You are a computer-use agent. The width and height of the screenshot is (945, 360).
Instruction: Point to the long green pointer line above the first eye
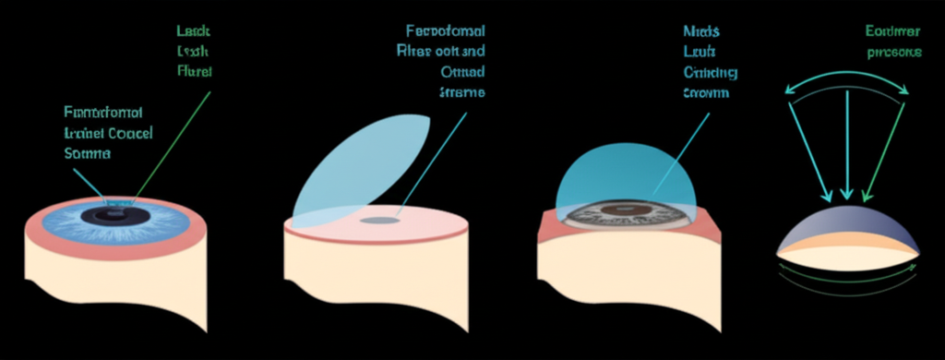point(175,138)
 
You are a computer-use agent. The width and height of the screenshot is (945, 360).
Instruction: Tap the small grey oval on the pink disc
point(378,221)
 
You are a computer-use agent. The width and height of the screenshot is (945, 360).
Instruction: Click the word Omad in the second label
point(462,72)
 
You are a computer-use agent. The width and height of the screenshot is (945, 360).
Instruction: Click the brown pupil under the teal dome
point(628,211)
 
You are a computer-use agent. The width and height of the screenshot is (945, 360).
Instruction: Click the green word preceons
point(893,53)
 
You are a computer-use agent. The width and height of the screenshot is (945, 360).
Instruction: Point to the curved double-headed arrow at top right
point(847,75)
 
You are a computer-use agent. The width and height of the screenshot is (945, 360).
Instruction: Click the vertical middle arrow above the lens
point(846,138)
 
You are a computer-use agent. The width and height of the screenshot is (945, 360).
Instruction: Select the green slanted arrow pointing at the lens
point(883,143)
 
